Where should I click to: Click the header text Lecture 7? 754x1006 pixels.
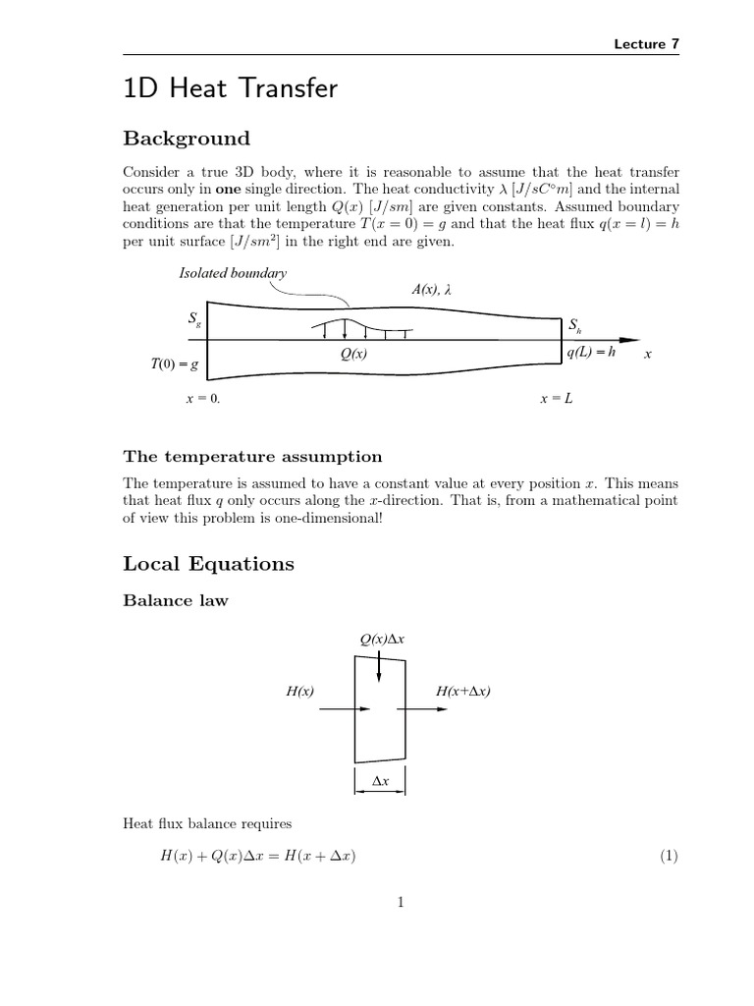pyautogui.click(x=646, y=43)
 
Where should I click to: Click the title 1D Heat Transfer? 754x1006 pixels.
pyautogui.click(x=230, y=89)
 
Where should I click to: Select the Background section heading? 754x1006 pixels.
pyautogui.click(x=186, y=139)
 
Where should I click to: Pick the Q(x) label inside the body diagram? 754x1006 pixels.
pyautogui.click(x=349, y=355)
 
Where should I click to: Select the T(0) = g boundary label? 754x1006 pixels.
pyautogui.click(x=175, y=364)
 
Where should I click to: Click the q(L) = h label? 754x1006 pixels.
pyautogui.click(x=591, y=352)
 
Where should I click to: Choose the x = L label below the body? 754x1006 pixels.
pyautogui.click(x=557, y=400)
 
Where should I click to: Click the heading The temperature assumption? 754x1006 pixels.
pyautogui.click(x=252, y=456)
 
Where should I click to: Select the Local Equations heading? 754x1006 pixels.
pyautogui.click(x=208, y=564)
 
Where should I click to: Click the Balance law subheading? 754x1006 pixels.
pyautogui.click(x=176, y=601)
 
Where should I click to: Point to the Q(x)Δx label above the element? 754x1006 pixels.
pyautogui.click(x=383, y=640)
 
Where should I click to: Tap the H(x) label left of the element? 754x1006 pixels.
pyautogui.click(x=299, y=692)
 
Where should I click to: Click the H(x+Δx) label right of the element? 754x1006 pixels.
pyautogui.click(x=463, y=692)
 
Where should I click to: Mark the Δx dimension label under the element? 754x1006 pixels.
pyautogui.click(x=380, y=781)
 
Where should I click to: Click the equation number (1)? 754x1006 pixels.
pyautogui.click(x=670, y=856)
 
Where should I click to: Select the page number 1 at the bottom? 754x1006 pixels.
pyautogui.click(x=402, y=904)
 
